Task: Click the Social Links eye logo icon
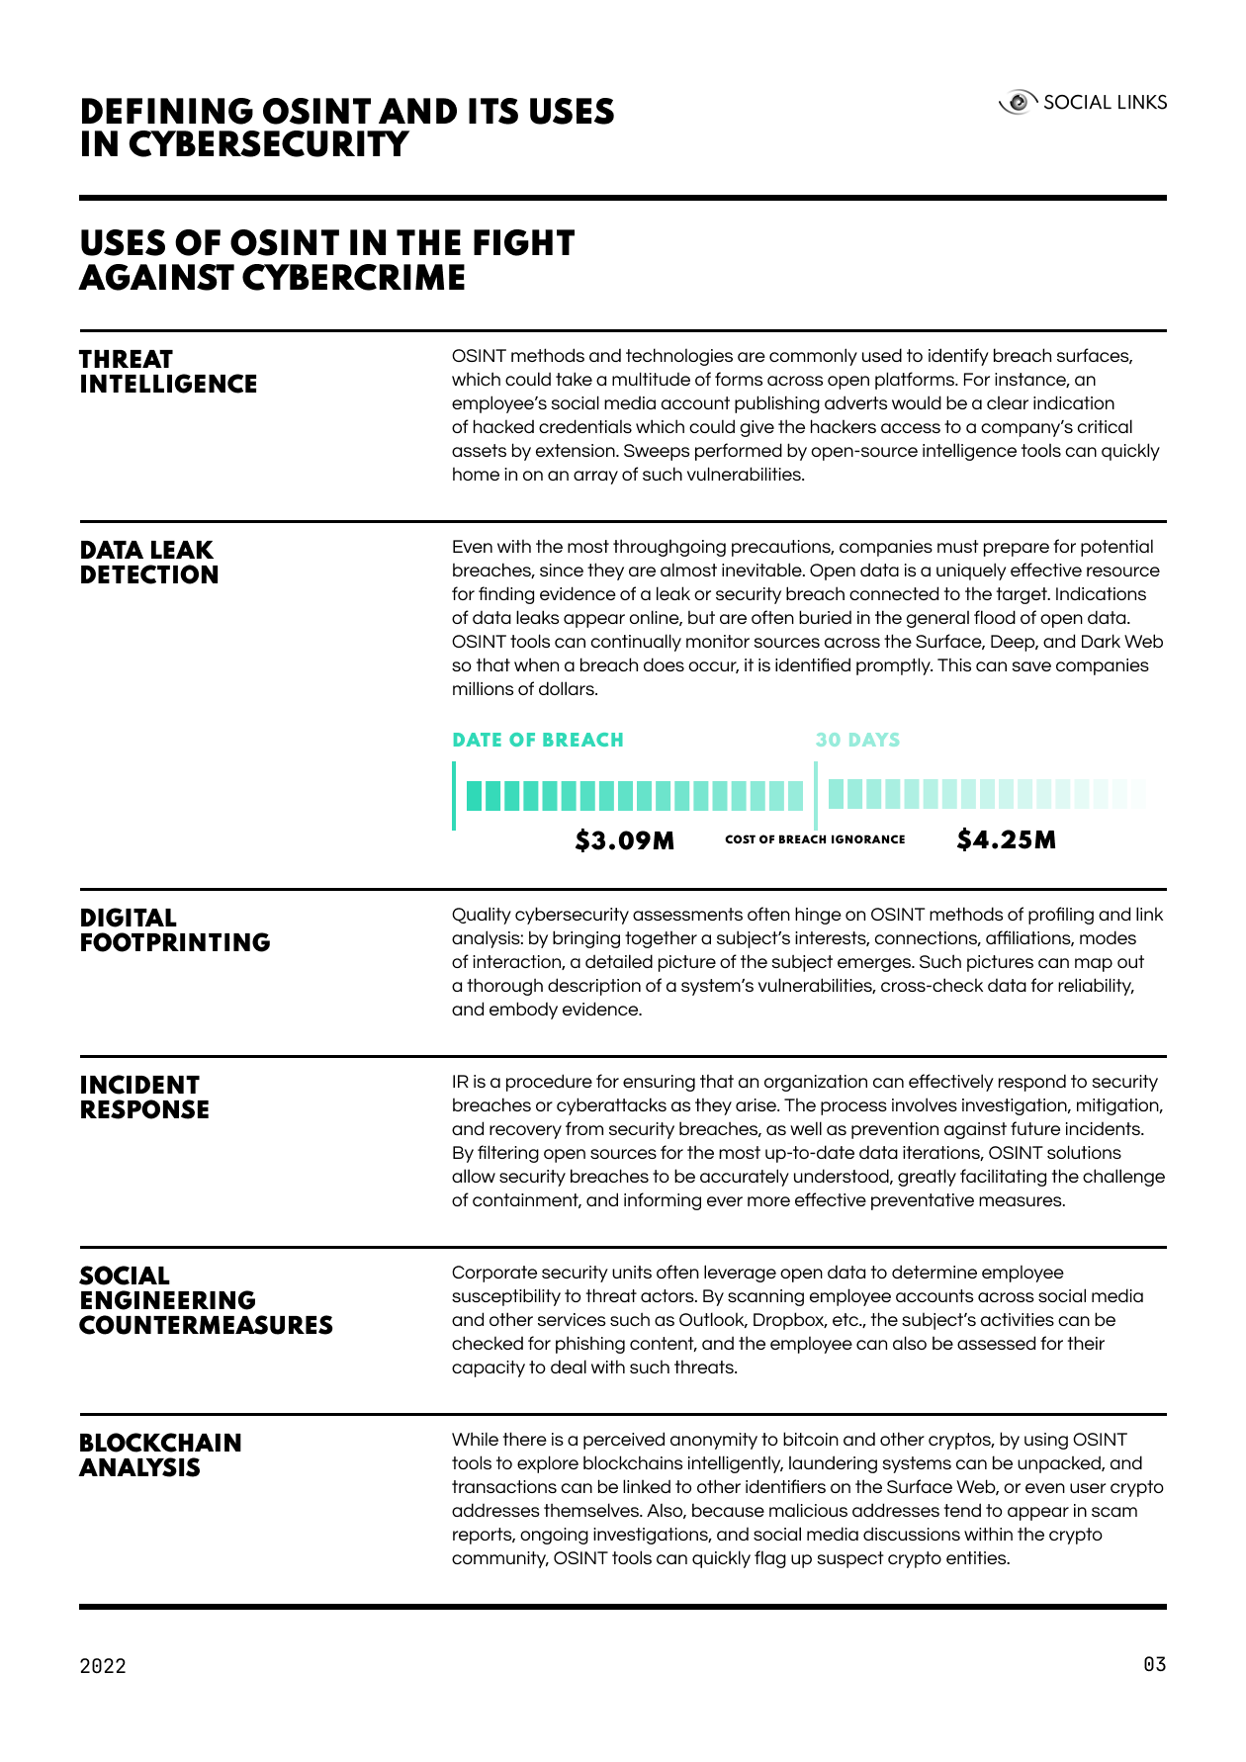1018,103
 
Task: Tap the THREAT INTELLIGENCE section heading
168,372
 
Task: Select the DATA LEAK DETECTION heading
148,563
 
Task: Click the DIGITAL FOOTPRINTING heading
174,930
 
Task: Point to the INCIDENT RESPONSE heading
144,1098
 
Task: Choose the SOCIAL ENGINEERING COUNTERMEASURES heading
206,1300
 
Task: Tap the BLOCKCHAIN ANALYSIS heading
160,1455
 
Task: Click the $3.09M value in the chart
625,841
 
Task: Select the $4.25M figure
1007,840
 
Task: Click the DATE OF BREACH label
538,741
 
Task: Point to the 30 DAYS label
857,741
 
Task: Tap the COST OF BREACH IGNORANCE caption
815,839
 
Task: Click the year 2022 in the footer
103,1666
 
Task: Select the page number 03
1154,1665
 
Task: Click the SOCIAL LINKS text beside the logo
1105,103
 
